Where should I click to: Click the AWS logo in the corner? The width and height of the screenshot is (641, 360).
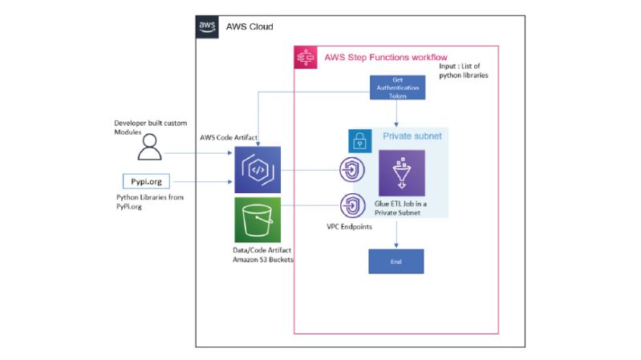207,26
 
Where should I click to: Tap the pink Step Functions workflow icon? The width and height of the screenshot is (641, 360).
306,57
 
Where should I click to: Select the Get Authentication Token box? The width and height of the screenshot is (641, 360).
396,87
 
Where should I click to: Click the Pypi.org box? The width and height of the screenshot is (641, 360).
147,182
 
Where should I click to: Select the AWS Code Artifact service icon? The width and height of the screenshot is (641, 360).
257,170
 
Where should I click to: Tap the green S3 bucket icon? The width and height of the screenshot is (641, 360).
257,220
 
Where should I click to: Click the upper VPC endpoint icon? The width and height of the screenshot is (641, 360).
352,170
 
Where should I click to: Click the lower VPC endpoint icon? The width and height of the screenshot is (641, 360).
352,205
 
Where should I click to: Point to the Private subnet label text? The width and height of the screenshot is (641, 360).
417,136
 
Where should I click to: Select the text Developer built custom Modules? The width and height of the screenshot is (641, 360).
150,127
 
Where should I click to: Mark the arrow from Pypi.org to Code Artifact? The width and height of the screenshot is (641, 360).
201,183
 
